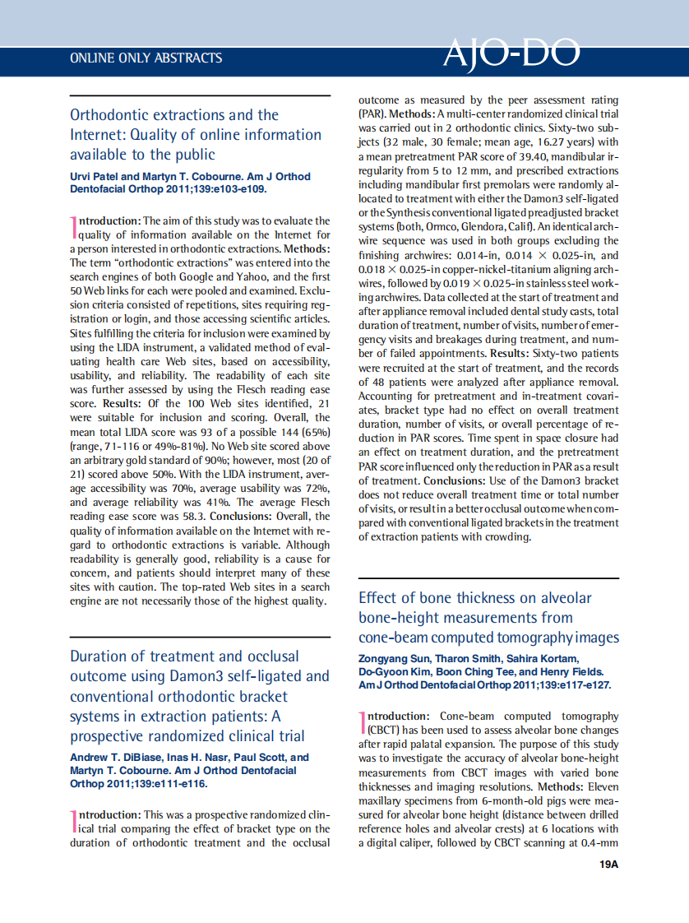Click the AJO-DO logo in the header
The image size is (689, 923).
[511, 53]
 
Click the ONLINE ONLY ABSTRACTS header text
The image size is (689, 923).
[146, 58]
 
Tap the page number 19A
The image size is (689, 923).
[608, 865]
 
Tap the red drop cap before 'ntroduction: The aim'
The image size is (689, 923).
[73, 227]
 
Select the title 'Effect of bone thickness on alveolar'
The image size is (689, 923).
[474, 598]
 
